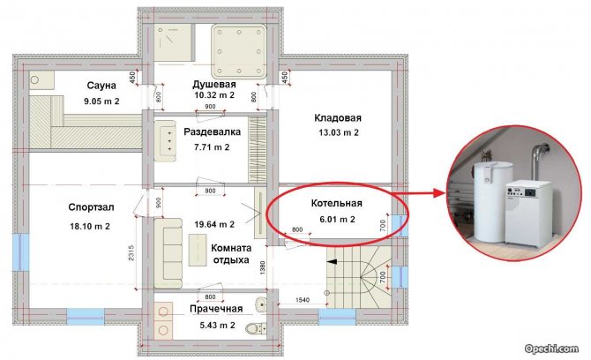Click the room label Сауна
(x=101, y=86)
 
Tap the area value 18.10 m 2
(x=90, y=227)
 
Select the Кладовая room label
(x=338, y=118)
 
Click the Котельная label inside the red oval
(x=337, y=204)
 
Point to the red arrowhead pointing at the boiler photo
(x=438, y=193)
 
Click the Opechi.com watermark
(x=551, y=349)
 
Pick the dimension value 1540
(x=303, y=300)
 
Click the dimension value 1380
(x=263, y=267)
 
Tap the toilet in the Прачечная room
(x=255, y=328)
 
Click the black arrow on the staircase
(x=332, y=261)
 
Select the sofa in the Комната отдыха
(x=168, y=253)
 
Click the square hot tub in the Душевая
(x=239, y=51)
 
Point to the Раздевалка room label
(x=212, y=132)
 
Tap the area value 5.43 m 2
(x=218, y=325)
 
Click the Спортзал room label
(x=91, y=207)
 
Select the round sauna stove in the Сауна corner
(x=34, y=80)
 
